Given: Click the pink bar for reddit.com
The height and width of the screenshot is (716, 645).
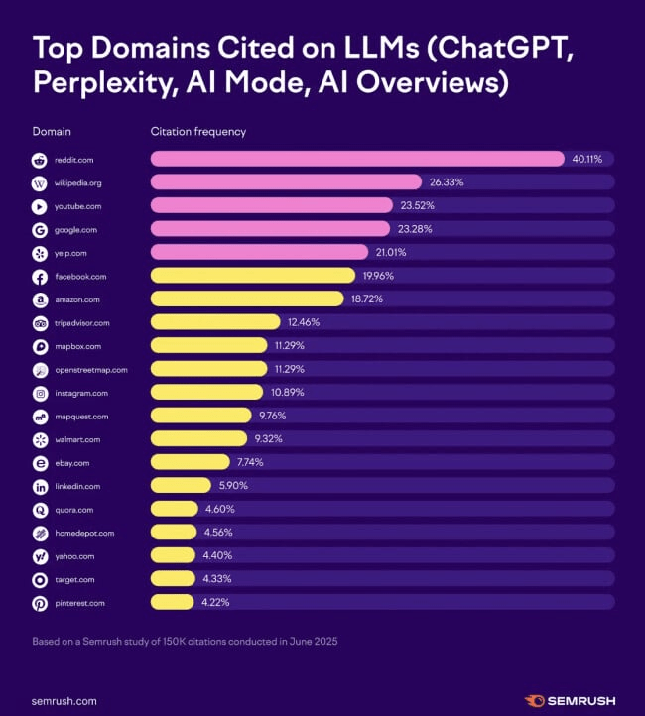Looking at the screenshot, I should tap(357, 159).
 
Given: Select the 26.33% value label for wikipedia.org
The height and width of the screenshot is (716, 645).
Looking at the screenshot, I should tap(446, 182).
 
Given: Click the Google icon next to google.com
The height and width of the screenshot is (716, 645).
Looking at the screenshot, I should tap(40, 230).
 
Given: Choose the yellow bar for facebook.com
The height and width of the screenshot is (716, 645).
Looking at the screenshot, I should tap(252, 276).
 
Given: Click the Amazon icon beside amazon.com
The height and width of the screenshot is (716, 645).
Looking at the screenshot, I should tap(40, 299).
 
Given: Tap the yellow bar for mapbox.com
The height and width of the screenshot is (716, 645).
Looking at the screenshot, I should tap(208, 346).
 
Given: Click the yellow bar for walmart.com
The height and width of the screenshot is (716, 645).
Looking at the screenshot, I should tap(198, 438).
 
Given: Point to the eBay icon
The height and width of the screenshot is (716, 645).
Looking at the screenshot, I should tap(40, 462).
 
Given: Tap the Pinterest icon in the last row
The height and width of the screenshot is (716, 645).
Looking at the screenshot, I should tap(40, 602).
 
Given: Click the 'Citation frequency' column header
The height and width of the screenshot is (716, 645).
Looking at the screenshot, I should tap(197, 131).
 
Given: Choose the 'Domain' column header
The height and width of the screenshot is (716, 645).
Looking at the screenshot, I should tap(52, 131).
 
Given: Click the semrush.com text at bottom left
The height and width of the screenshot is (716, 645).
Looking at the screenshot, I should tap(64, 700).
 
